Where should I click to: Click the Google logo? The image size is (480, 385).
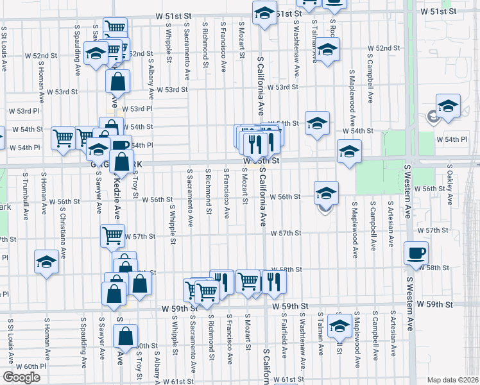click(21, 377)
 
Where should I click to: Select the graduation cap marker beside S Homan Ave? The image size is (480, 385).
click(46, 262)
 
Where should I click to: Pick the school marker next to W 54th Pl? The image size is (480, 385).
click(98, 150)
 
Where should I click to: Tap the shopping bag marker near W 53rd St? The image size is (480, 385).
click(118, 81)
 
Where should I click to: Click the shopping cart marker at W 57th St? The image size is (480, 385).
click(113, 236)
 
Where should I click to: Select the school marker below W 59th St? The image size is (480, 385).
click(338, 325)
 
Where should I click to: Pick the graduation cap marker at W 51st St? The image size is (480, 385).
click(264, 13)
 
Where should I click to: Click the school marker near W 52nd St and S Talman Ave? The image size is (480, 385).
click(327, 49)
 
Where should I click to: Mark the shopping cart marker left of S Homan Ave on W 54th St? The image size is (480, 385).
click(63, 137)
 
